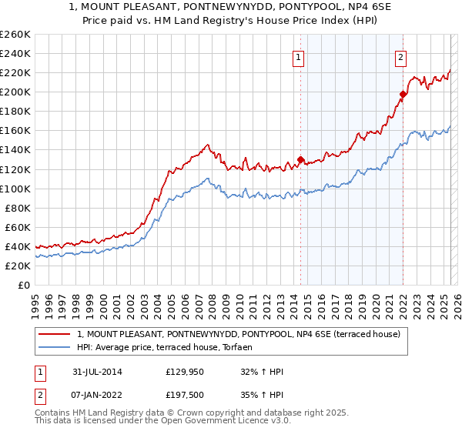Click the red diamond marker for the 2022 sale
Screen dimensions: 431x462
(x=403, y=95)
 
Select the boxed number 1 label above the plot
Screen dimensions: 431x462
(x=298, y=55)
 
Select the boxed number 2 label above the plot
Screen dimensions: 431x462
(x=401, y=55)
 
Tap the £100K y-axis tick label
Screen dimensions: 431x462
(x=15, y=189)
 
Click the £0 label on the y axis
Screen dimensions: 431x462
(x=23, y=285)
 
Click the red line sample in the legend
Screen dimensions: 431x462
(x=54, y=335)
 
